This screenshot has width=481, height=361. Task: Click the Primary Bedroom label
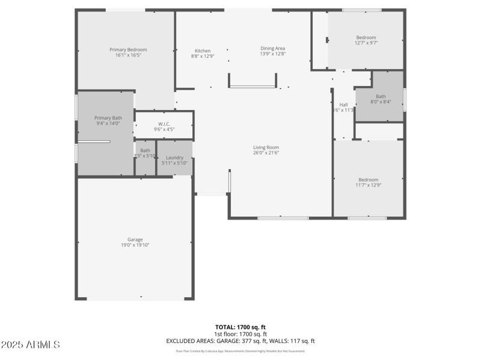128,50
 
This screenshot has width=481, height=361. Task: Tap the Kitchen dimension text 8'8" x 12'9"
203,57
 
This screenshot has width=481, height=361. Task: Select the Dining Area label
272,48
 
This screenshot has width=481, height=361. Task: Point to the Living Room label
265,147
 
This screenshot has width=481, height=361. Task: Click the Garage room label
135,239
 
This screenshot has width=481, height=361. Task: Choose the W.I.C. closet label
164,124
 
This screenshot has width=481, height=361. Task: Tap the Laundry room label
174,158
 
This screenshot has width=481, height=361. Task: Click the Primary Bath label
109,118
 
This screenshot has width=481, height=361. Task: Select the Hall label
343,105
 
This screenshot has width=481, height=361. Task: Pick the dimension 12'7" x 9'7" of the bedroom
366,43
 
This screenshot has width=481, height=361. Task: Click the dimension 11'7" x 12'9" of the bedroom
368,185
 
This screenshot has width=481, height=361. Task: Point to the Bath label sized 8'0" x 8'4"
381,96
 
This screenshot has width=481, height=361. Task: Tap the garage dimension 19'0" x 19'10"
135,245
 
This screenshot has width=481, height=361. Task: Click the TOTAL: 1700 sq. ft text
240,327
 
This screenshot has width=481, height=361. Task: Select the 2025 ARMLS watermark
30,345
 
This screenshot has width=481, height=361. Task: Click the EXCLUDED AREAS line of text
240,341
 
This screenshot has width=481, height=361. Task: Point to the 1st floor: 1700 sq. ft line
240,334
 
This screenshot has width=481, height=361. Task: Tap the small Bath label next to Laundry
146,150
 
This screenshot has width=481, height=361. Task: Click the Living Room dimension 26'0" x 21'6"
265,153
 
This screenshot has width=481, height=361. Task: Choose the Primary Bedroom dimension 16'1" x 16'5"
128,55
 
